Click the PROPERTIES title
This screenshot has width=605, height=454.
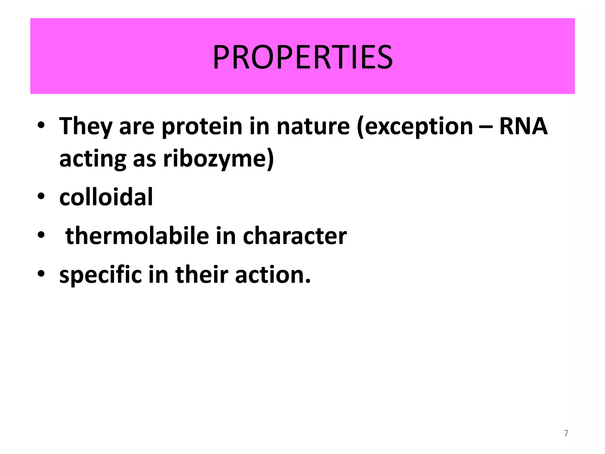click(x=302, y=57)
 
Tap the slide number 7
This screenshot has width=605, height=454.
click(x=566, y=433)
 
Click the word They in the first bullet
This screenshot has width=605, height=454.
click(x=86, y=127)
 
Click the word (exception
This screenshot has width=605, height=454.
click(x=415, y=127)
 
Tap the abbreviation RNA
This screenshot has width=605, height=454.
click(x=523, y=126)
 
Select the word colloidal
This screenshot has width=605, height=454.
click(x=106, y=197)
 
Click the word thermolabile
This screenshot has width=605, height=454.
click(x=137, y=236)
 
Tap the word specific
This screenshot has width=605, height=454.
click(x=101, y=275)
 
